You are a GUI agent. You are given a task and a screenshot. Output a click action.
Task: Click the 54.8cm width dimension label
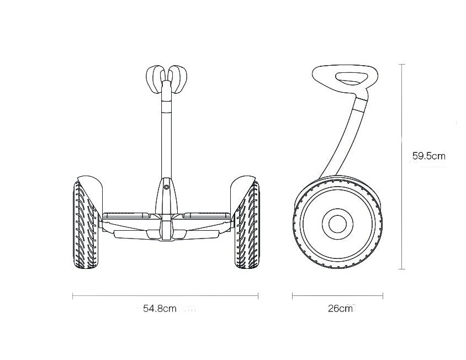160,309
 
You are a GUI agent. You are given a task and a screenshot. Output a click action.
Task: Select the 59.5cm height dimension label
429,156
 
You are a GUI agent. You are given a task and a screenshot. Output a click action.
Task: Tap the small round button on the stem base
166,187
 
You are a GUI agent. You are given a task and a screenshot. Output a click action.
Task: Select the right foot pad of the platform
207,215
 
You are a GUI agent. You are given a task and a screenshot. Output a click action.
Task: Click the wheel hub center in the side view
337,223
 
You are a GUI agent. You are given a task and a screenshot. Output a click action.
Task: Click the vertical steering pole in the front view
166,131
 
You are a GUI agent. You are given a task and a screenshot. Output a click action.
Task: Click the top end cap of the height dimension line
402,65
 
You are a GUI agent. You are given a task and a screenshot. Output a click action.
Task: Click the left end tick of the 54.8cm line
73,296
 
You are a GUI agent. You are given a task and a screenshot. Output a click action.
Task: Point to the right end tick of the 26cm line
383,296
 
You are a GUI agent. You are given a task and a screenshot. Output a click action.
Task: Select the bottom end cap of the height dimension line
402,269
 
